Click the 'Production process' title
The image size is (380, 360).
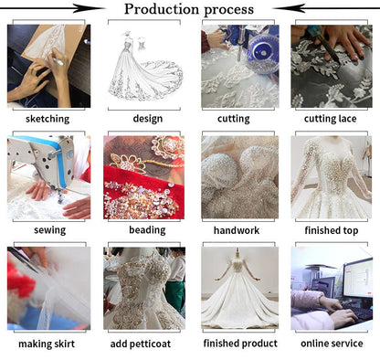(x=189, y=9)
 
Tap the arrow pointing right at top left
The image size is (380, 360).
(x=52, y=8)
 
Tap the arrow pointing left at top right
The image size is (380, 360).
(x=326, y=8)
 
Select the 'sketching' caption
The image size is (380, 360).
(x=47, y=119)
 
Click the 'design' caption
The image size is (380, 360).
(x=148, y=119)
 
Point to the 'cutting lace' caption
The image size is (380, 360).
(x=331, y=119)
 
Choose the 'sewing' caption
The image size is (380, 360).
(x=49, y=230)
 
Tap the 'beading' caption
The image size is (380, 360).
(x=147, y=230)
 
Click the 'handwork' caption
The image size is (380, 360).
(x=237, y=230)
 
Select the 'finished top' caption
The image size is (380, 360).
(x=332, y=230)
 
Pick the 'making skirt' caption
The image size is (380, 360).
(x=47, y=344)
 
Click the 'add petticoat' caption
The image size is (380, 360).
(x=141, y=344)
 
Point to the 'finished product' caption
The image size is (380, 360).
(x=240, y=344)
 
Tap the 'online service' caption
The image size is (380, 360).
(x=332, y=344)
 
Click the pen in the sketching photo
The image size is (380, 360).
(x=58, y=60)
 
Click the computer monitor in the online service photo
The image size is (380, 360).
(x=358, y=278)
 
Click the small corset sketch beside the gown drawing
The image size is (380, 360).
(x=142, y=44)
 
